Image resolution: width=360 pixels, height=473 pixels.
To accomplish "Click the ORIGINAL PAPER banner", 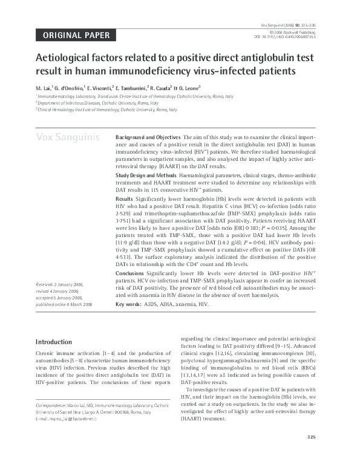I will click(x=76, y=35).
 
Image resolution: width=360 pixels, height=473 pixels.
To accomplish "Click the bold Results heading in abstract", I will click(x=124, y=198).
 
